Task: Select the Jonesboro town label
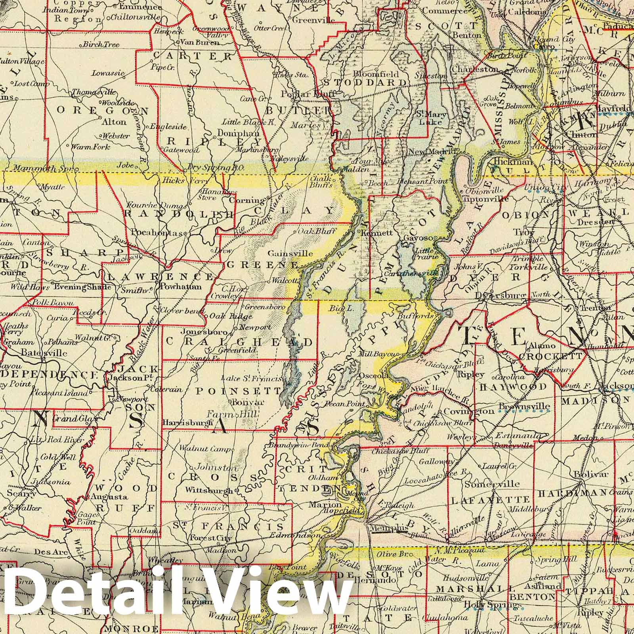[x=204, y=332]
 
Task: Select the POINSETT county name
[x=238, y=391]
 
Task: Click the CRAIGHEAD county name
[x=239, y=341]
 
